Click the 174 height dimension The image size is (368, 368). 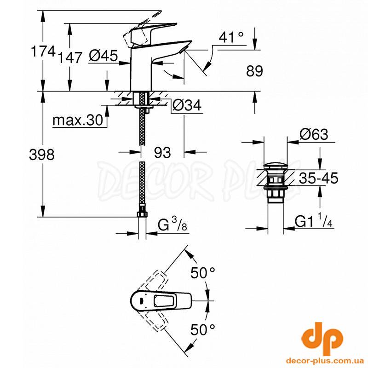pyautogui.click(x=43, y=51)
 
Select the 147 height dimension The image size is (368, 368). pyautogui.click(x=70, y=57)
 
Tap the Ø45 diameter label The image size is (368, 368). pyautogui.click(x=103, y=56)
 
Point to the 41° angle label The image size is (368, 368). pyautogui.click(x=231, y=37)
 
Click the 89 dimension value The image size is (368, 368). pyautogui.click(x=255, y=71)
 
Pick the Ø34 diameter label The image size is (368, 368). pyautogui.click(x=187, y=105)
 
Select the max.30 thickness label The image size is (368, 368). pyautogui.click(x=78, y=120)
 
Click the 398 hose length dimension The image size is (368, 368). pyautogui.click(x=42, y=155)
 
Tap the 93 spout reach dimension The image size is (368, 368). pyautogui.click(x=162, y=153)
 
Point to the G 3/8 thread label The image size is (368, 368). pyautogui.click(x=172, y=224)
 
